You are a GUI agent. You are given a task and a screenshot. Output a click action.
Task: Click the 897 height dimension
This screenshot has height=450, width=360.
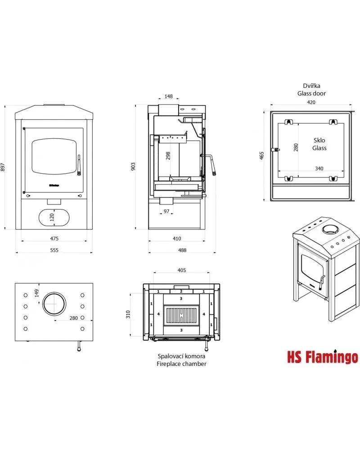(x=4, y=167)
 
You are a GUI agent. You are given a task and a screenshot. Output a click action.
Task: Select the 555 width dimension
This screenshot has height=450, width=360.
(x=54, y=250)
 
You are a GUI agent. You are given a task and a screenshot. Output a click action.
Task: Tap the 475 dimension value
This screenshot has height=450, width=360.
(x=54, y=238)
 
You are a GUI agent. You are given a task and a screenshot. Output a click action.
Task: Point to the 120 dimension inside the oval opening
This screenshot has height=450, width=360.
(x=51, y=218)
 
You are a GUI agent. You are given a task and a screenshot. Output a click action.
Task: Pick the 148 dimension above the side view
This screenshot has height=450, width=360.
(x=169, y=96)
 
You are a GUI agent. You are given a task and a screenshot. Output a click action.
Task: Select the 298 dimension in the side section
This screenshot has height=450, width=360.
(x=168, y=156)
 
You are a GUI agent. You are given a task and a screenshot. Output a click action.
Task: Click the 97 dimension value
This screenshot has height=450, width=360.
(x=166, y=211)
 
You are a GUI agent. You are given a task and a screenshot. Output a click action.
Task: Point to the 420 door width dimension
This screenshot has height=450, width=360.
(x=311, y=102)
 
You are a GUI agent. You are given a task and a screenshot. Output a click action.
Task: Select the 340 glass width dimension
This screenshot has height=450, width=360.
(x=319, y=168)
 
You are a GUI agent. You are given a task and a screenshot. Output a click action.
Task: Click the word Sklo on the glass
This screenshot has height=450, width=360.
(x=319, y=141)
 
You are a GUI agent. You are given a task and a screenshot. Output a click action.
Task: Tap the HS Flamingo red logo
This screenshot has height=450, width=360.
(x=323, y=357)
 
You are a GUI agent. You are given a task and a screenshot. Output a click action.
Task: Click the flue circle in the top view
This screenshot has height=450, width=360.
(x=54, y=304)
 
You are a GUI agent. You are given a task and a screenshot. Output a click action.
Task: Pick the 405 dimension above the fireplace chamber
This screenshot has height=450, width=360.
(x=181, y=270)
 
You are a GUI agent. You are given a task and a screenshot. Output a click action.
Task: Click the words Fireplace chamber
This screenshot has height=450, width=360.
(x=181, y=364)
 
